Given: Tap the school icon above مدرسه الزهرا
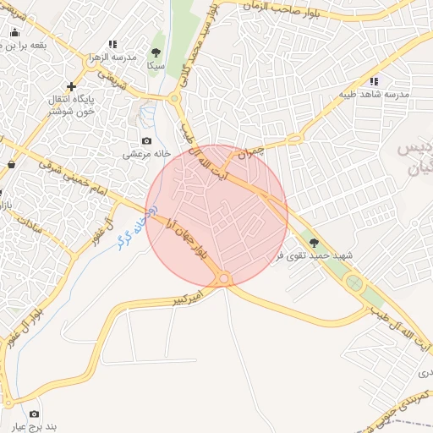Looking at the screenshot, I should [112, 44].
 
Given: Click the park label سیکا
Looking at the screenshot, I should [155, 64].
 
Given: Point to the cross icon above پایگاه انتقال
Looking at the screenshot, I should [72, 85].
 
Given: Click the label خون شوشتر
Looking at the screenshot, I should [73, 112].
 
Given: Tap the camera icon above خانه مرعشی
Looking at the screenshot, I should [147, 140].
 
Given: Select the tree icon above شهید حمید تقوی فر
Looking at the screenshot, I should [315, 242].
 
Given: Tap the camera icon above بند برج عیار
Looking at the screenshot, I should [34, 414].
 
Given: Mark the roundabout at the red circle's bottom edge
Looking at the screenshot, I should [224, 278].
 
